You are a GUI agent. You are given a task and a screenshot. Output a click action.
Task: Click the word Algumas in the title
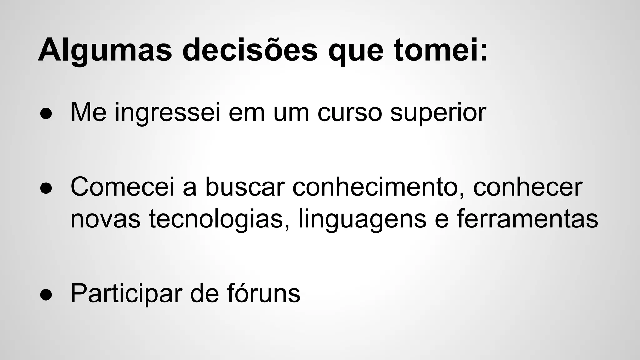(105, 50)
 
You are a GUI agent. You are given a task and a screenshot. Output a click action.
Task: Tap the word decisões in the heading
(250, 50)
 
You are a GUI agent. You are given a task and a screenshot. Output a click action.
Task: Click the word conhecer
(528, 187)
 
